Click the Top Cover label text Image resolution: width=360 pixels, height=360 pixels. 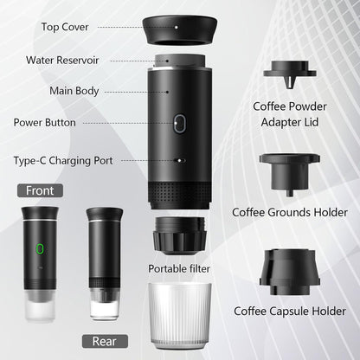point(64,26)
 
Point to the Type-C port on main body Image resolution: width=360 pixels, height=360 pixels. point(179,160)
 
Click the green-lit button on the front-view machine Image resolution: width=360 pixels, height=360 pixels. point(38,251)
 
